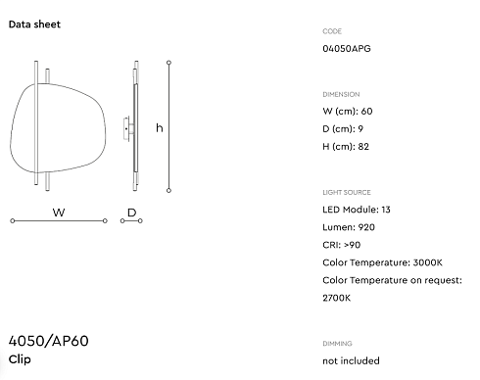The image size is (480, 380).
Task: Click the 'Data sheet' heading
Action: tap(34, 24)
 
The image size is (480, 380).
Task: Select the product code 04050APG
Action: tap(347, 49)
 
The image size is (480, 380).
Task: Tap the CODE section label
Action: tap(332, 31)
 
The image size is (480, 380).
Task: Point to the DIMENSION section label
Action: tap(341, 94)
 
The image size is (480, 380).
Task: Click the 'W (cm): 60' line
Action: tap(348, 112)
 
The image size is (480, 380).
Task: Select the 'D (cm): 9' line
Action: tap(343, 129)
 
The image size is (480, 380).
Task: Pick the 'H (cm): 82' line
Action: tap(346, 147)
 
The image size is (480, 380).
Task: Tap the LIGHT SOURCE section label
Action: tap(347, 192)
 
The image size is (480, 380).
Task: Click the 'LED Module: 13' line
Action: tap(357, 210)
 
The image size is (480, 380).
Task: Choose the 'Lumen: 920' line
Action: tap(349, 227)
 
